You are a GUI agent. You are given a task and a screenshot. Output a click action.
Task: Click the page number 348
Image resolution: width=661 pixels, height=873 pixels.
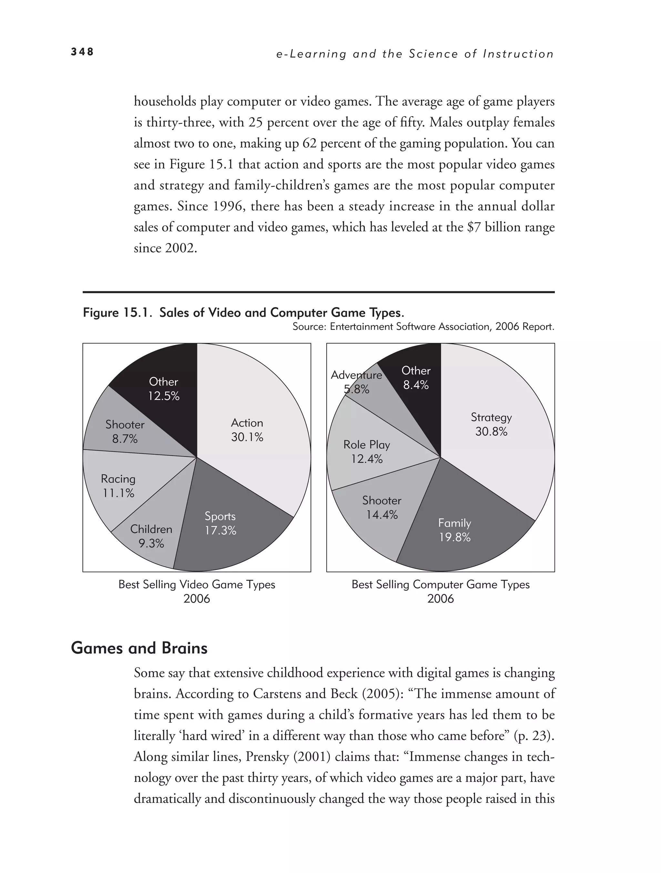pyautogui.click(x=82, y=52)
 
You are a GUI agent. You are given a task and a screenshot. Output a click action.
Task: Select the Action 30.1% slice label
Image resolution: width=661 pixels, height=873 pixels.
pyautogui.click(x=247, y=430)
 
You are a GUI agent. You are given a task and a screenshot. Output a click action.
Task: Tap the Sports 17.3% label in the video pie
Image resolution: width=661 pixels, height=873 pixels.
pyautogui.click(x=220, y=523)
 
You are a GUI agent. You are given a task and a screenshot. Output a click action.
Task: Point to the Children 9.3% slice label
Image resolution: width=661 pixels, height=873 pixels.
pyautogui.click(x=151, y=536)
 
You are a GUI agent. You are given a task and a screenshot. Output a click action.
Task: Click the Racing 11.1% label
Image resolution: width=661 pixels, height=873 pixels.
pyautogui.click(x=118, y=486)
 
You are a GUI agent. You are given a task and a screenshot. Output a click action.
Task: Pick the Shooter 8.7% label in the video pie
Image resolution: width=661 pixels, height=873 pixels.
pyautogui.click(x=125, y=431)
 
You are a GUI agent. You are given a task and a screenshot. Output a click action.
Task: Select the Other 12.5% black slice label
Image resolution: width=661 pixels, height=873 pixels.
pyautogui.click(x=163, y=388)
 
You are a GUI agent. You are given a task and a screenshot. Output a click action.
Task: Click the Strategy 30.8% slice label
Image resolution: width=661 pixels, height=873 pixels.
pyautogui.click(x=491, y=424)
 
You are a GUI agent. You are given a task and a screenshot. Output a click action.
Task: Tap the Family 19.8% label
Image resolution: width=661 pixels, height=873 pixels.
pyautogui.click(x=454, y=530)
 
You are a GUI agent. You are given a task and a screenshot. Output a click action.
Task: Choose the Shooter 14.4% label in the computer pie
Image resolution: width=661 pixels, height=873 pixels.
pyautogui.click(x=381, y=507)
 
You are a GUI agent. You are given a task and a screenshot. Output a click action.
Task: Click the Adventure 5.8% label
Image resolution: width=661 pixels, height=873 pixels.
pyautogui.click(x=356, y=382)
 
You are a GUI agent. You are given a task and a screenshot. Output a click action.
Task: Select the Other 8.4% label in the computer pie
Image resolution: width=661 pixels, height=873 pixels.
pyautogui.click(x=416, y=377)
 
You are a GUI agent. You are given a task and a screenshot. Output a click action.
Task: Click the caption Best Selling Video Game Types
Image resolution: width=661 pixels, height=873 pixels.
pyautogui.click(x=197, y=584)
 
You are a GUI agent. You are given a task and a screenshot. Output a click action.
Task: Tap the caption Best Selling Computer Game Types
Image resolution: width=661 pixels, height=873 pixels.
pyautogui.click(x=440, y=584)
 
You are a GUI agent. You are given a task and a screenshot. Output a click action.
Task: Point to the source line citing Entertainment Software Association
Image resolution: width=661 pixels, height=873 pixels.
pyautogui.click(x=423, y=326)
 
